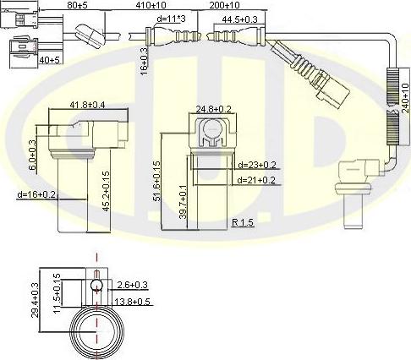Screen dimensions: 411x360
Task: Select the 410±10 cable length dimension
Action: point(151,5)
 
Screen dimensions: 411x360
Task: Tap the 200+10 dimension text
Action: point(225,5)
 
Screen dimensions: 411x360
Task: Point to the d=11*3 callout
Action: point(171,19)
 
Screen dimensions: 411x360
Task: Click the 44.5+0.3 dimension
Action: point(239,19)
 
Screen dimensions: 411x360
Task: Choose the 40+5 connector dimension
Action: point(50,60)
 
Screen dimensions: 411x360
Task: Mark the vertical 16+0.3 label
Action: point(144,62)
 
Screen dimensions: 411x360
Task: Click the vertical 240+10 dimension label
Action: point(405,98)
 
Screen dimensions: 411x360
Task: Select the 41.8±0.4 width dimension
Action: point(87,105)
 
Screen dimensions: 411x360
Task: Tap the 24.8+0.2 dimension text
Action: point(213,109)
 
